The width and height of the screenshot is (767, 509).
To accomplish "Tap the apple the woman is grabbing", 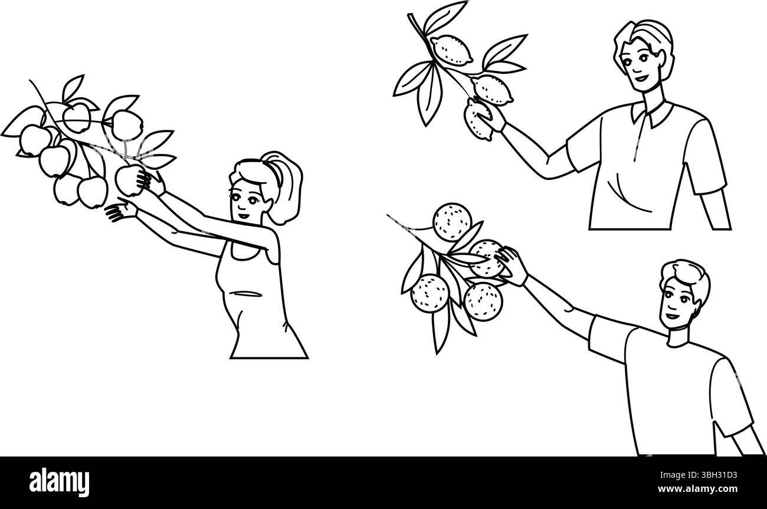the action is pos(129,180).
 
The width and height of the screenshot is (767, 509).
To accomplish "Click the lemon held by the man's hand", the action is pos(478,119).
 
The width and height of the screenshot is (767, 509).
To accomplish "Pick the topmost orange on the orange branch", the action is pos(453,222).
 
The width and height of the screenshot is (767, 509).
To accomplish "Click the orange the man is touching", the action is pos(486,258).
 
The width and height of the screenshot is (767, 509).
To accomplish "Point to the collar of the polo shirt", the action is pos(653,114).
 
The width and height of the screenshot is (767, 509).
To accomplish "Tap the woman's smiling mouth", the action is pos(244,216).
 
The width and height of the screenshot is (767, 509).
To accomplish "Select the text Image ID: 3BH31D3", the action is pos(699,475).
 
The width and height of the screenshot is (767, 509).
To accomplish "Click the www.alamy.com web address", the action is pos(697,488).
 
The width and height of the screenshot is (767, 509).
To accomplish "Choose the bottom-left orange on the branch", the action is pos(430,293).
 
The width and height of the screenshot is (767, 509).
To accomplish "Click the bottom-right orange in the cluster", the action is pos(483,301).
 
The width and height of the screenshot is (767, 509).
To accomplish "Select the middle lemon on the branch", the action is pos(493,89).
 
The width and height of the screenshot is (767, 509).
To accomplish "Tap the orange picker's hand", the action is pos(512,265).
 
